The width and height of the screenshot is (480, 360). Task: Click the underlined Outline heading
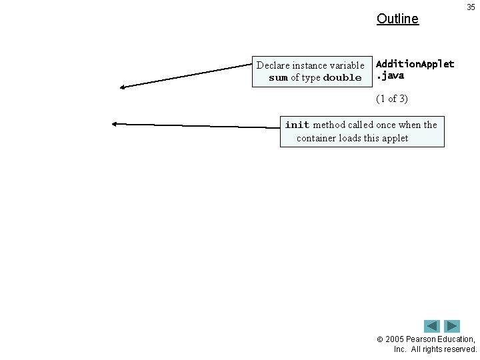(397, 19)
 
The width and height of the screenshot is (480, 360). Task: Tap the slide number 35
(471, 7)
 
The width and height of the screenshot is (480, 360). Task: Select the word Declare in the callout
(273, 65)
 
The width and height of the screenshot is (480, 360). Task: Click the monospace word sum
(278, 78)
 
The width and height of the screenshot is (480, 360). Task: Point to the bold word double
(342, 78)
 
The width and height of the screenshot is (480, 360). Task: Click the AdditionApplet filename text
(415, 64)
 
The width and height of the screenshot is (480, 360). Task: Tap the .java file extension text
(390, 75)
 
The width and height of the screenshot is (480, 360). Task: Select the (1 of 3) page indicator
(392, 99)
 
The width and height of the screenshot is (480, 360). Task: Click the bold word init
(297, 125)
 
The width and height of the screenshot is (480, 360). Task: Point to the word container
(319, 138)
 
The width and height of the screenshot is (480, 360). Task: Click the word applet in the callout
(395, 138)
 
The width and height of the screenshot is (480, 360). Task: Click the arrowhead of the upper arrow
(123, 87)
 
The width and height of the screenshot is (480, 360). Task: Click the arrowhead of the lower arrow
(115, 123)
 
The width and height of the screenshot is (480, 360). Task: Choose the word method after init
(329, 125)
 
